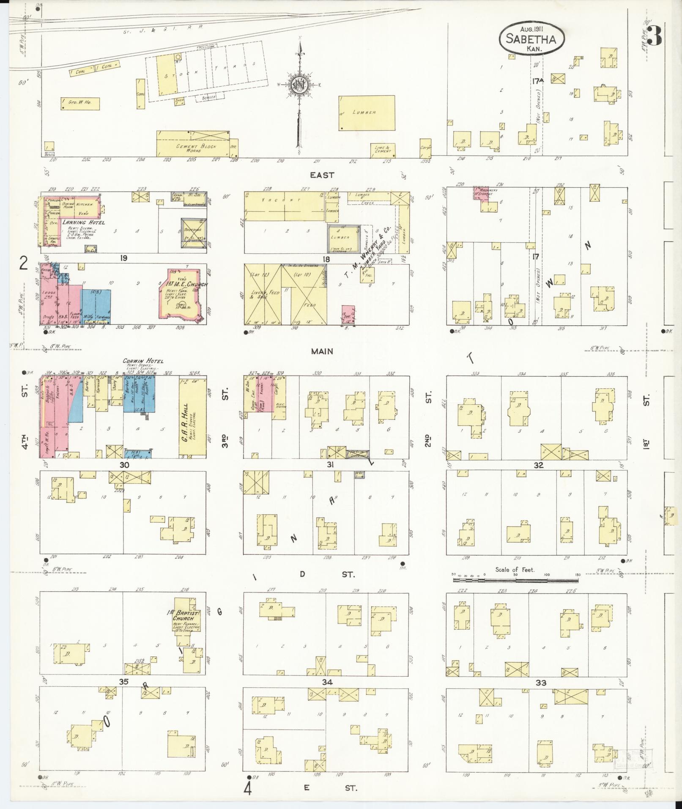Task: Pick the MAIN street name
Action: (x=322, y=351)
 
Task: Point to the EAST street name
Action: (x=322, y=175)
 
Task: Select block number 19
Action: (x=123, y=258)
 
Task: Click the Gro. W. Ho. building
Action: (x=80, y=103)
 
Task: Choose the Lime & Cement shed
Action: (x=382, y=149)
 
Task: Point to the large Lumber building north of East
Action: (x=367, y=113)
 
